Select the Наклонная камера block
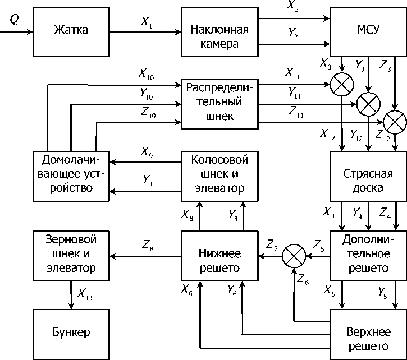[x=219, y=35]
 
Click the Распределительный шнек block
[x=219, y=103]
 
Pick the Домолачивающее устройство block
[x=71, y=174]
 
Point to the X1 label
[x=147, y=23]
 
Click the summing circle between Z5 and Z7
[x=292, y=256]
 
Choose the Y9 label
[x=148, y=181]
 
